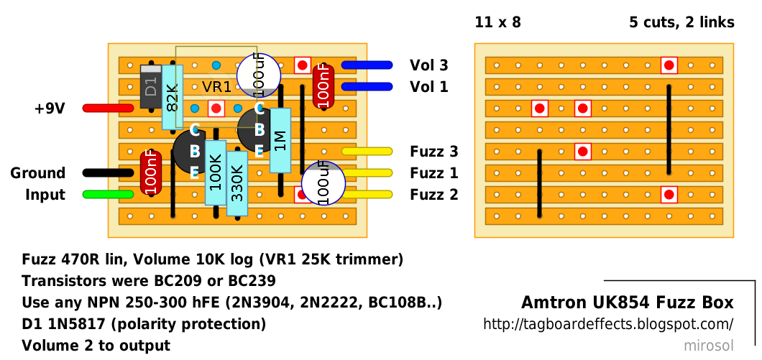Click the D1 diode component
coord(150,87)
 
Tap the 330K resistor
coord(237,183)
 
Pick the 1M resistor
coord(280,140)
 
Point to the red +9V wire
coord(108,109)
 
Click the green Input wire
coord(108,195)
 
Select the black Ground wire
coord(108,173)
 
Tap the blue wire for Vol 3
coord(367,65)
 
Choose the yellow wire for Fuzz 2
coord(367,195)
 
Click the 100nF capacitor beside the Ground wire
coord(150,172)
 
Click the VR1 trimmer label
coord(216,87)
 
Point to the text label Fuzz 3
coord(433,152)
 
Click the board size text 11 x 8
coord(497,22)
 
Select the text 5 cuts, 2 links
coord(681,22)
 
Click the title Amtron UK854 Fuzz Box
coord(627,302)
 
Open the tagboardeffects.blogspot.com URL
coord(608,325)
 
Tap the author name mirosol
coord(709,346)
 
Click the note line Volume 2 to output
coord(96,346)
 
